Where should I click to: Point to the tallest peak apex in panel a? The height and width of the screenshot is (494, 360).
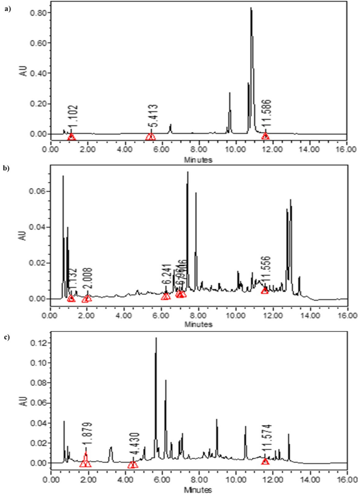tap(251, 8)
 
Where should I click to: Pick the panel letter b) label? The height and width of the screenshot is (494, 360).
tap(6, 169)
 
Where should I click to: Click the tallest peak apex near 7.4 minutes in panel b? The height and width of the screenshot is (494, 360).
tap(187, 172)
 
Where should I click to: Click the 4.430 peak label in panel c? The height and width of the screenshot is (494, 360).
tap(133, 448)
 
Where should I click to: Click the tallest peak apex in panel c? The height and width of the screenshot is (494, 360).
tap(156, 338)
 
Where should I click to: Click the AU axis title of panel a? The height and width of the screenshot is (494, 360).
tap(23, 71)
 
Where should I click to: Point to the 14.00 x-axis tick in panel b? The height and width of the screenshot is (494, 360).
tap(310, 316)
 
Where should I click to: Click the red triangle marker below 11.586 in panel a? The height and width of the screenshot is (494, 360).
tap(266, 137)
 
